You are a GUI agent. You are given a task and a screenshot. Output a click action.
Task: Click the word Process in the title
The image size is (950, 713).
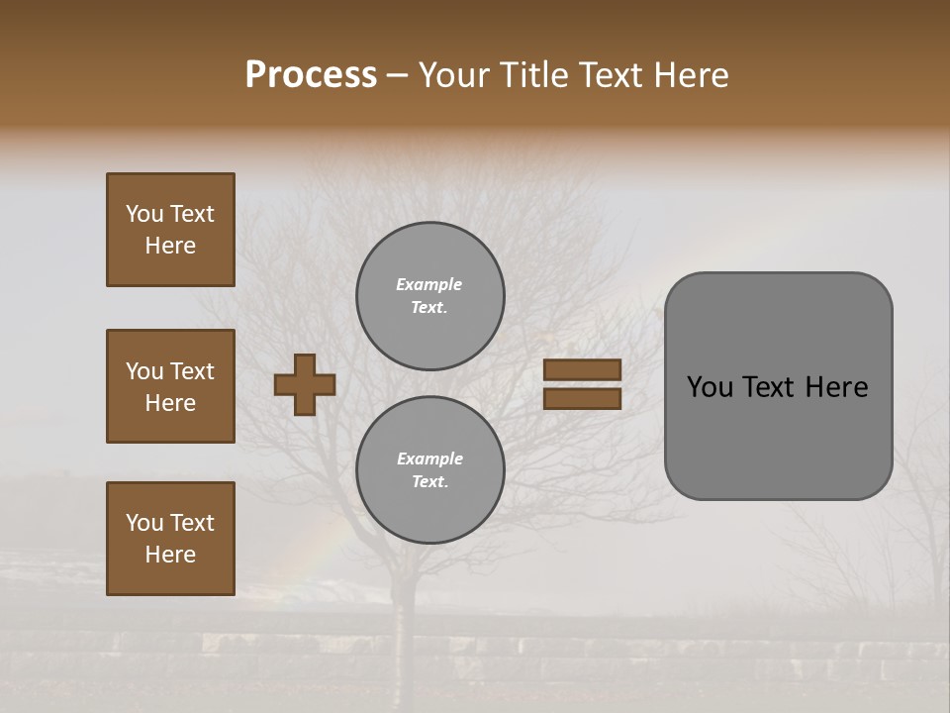[x=311, y=75]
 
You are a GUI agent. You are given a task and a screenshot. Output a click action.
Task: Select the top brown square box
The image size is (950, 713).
[x=170, y=230]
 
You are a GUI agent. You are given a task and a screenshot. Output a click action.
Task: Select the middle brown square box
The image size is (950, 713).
[x=170, y=386]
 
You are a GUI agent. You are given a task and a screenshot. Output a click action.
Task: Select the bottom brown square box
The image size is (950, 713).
[x=170, y=539]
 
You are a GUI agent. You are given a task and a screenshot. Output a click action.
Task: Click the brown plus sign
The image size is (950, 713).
[x=305, y=384]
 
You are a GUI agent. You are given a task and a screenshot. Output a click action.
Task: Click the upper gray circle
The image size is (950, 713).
[x=430, y=296]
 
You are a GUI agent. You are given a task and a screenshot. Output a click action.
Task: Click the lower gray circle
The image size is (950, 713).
[x=430, y=469]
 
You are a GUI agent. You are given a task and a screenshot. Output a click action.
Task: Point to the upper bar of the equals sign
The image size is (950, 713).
[x=582, y=370]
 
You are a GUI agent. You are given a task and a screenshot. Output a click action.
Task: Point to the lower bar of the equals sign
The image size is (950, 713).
[x=582, y=399]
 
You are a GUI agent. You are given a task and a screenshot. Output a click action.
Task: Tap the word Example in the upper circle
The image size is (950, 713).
[x=429, y=285]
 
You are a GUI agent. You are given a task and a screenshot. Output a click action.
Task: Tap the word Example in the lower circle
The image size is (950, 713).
[x=429, y=459]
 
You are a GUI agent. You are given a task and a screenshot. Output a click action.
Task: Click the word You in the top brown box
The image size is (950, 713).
[x=143, y=214]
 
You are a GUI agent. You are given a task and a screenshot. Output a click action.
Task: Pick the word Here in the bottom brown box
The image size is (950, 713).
[x=170, y=555]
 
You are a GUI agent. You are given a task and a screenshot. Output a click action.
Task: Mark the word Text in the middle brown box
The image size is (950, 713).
[x=192, y=371]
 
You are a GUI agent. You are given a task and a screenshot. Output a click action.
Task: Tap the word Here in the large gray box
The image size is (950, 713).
[x=836, y=387]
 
